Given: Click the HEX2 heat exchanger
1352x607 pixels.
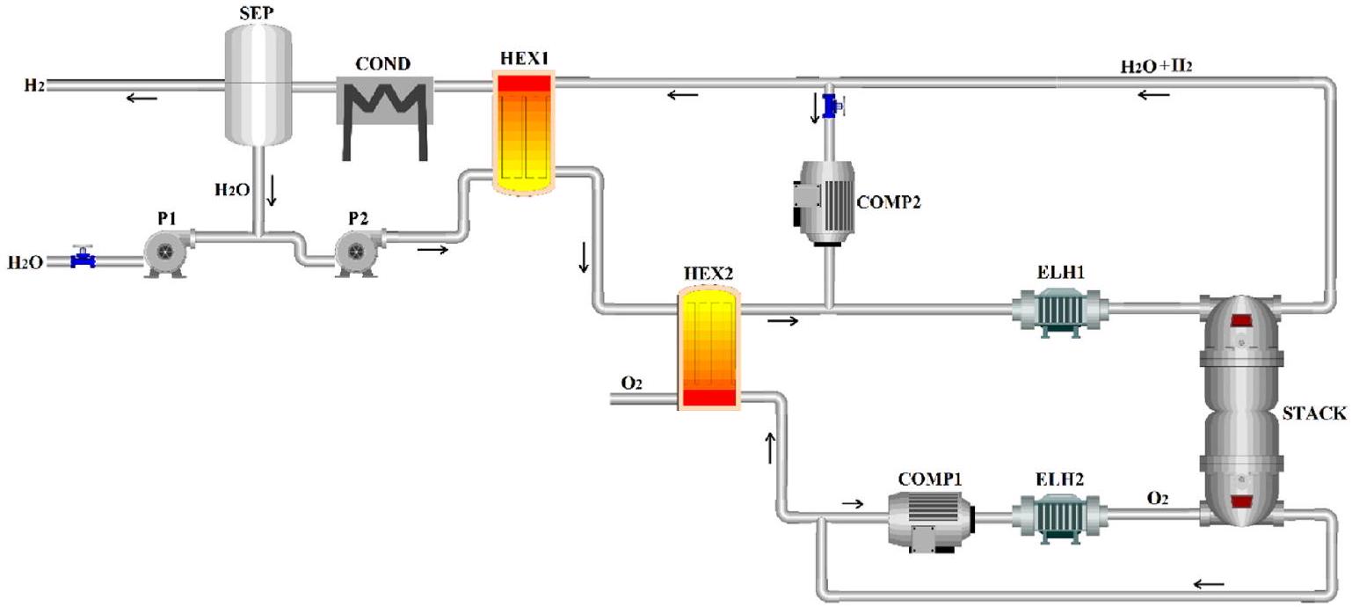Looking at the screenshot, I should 708,348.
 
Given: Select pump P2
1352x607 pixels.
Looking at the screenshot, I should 358,252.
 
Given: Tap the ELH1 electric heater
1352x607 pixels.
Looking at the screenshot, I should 1060,310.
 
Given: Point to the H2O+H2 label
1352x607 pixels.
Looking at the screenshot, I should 1157,67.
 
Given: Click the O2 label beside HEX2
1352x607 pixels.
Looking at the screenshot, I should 631,383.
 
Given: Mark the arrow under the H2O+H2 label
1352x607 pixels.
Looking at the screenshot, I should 1153,95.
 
